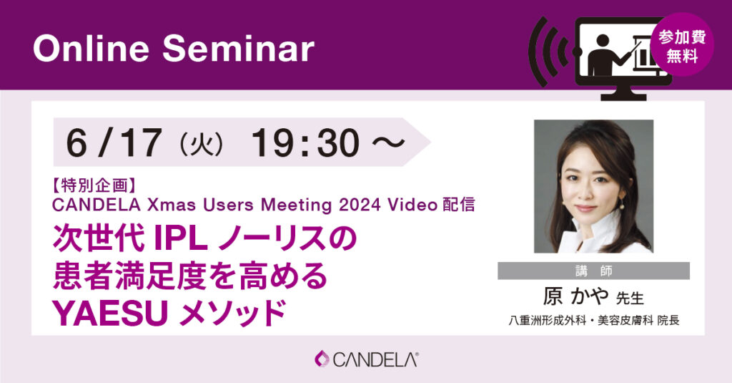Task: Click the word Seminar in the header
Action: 238,49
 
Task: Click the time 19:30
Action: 306,142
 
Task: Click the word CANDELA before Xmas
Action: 97,205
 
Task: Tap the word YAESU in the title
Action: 110,313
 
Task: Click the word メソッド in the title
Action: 232,313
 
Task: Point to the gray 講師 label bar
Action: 593,271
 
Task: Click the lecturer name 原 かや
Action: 575,296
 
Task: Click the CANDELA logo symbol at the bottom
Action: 322,359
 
